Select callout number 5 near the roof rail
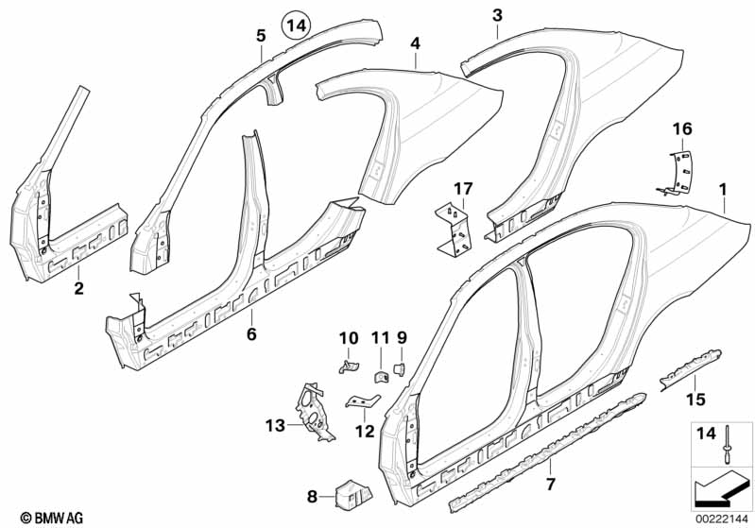[x=261, y=37]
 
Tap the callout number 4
[x=414, y=43]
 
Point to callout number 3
[x=497, y=15]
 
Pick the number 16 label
[x=683, y=128]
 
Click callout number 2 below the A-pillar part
[x=79, y=288]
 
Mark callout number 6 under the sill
[x=251, y=333]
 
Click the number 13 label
[x=274, y=426]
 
